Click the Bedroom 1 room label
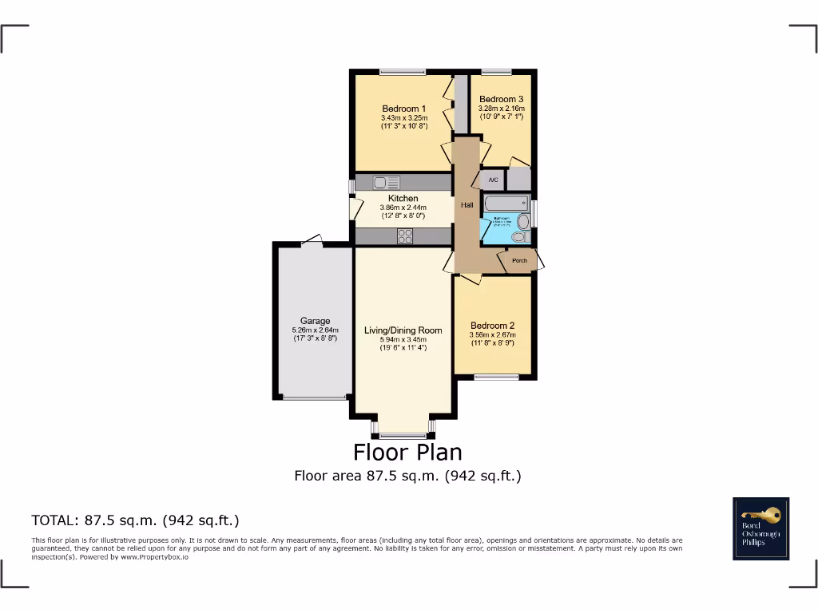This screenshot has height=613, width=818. click(x=403, y=109)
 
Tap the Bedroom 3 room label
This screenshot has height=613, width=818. click(x=501, y=99)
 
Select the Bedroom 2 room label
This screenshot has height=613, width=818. click(x=492, y=326)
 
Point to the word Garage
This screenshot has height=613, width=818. click(x=316, y=322)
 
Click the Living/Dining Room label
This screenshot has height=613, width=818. click(x=403, y=330)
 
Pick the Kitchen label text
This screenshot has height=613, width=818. click(x=403, y=199)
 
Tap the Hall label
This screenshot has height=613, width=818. click(x=467, y=205)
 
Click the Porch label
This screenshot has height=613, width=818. click(x=519, y=261)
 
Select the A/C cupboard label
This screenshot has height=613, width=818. click(x=493, y=180)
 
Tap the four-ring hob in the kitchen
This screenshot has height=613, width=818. click(x=405, y=235)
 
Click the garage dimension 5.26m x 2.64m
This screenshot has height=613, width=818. click(x=316, y=330)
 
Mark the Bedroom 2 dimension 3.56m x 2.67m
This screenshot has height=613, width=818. click(x=492, y=335)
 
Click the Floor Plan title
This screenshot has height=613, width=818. click(x=407, y=453)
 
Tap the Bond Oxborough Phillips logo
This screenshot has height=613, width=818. click(x=761, y=528)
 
